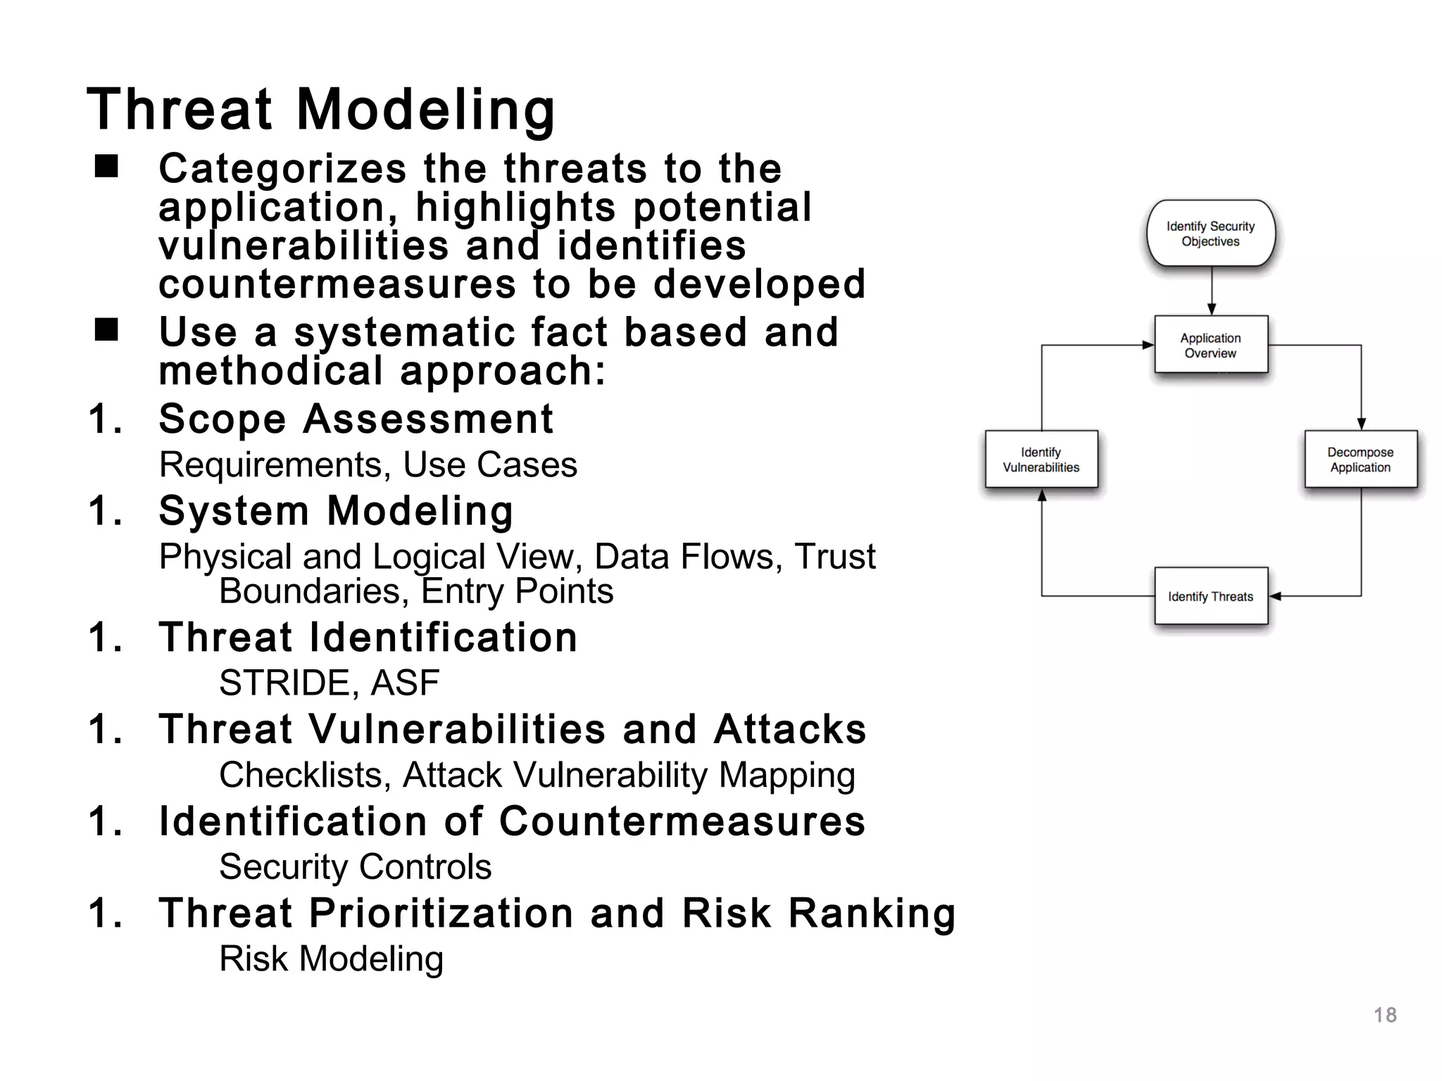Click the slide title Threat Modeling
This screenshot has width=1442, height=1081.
point(321,109)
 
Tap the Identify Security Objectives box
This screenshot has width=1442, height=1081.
point(1210,234)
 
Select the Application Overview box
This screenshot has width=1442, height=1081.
point(1210,345)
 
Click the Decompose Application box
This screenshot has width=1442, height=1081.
point(1360,460)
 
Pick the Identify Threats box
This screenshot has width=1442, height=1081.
point(1210,596)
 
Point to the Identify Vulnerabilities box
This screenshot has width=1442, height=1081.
point(1041,460)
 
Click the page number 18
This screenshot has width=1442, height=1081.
point(1385,1015)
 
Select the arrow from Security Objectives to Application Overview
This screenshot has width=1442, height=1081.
point(1212,290)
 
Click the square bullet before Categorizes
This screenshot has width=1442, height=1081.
point(106,167)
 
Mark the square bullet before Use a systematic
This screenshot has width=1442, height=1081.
point(106,329)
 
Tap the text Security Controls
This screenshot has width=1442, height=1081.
point(355,866)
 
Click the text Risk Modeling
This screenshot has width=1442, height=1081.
point(331,959)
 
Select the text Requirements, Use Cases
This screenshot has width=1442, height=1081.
point(368,464)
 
